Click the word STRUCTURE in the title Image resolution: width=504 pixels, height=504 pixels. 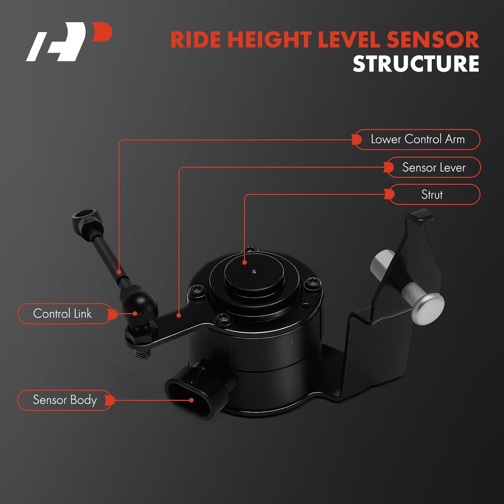[x=416, y=64]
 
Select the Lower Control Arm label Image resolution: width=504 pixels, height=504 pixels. [x=417, y=139]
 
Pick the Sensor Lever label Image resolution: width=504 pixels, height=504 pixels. [x=433, y=167]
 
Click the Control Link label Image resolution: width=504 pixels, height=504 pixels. [x=62, y=313]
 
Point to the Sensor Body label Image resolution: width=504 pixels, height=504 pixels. [x=65, y=400]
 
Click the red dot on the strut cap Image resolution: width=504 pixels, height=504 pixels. [x=245, y=262]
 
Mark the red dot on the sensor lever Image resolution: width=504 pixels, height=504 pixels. [x=179, y=315]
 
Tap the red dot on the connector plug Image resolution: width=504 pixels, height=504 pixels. [x=191, y=400]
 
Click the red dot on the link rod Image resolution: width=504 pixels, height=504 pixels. [x=119, y=271]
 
